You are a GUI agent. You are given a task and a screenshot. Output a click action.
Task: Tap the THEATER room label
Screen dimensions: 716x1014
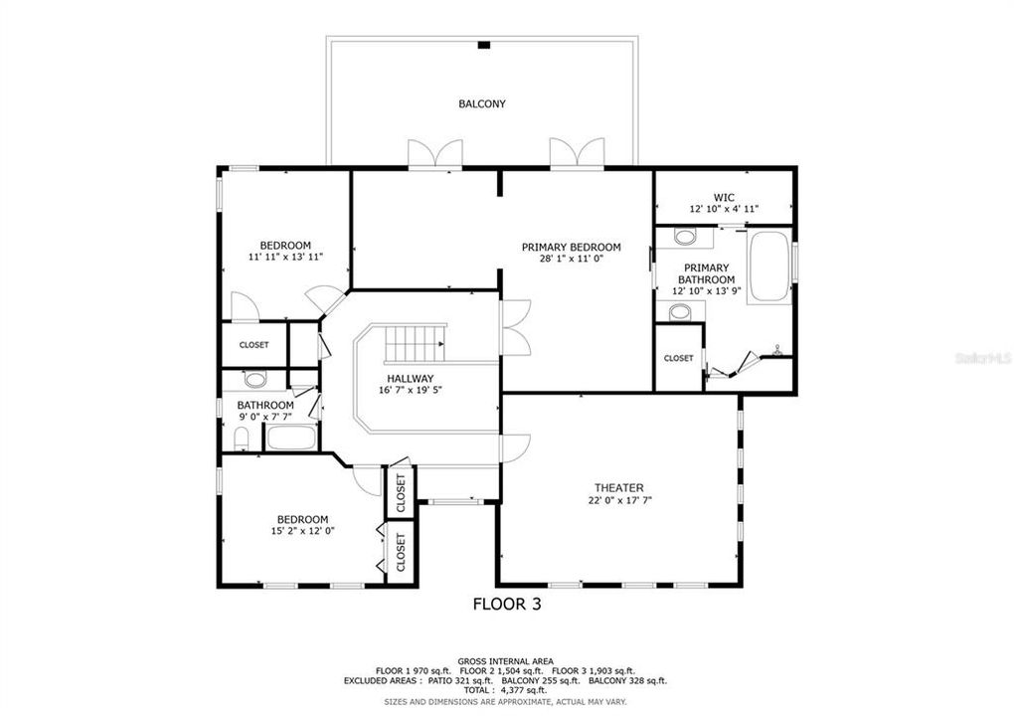(x=618, y=487)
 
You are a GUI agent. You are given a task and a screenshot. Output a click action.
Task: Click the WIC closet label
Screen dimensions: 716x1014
(x=723, y=197)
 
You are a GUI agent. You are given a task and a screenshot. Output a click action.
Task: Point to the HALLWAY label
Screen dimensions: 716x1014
(x=410, y=378)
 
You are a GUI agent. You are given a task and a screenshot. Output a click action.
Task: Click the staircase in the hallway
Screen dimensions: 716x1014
(x=415, y=344)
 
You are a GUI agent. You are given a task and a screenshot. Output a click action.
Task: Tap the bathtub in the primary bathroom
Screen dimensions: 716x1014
(x=768, y=267)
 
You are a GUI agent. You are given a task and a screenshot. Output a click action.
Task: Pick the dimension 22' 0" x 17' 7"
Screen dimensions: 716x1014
(x=618, y=500)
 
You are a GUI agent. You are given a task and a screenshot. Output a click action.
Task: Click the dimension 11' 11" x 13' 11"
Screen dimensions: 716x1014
(x=285, y=258)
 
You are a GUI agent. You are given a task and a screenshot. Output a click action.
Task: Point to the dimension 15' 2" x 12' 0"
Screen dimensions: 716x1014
(x=301, y=531)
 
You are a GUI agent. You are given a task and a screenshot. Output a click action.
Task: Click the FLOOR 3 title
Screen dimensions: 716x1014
(x=506, y=603)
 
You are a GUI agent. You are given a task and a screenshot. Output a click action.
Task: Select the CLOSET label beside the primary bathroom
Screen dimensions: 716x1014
(x=678, y=358)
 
